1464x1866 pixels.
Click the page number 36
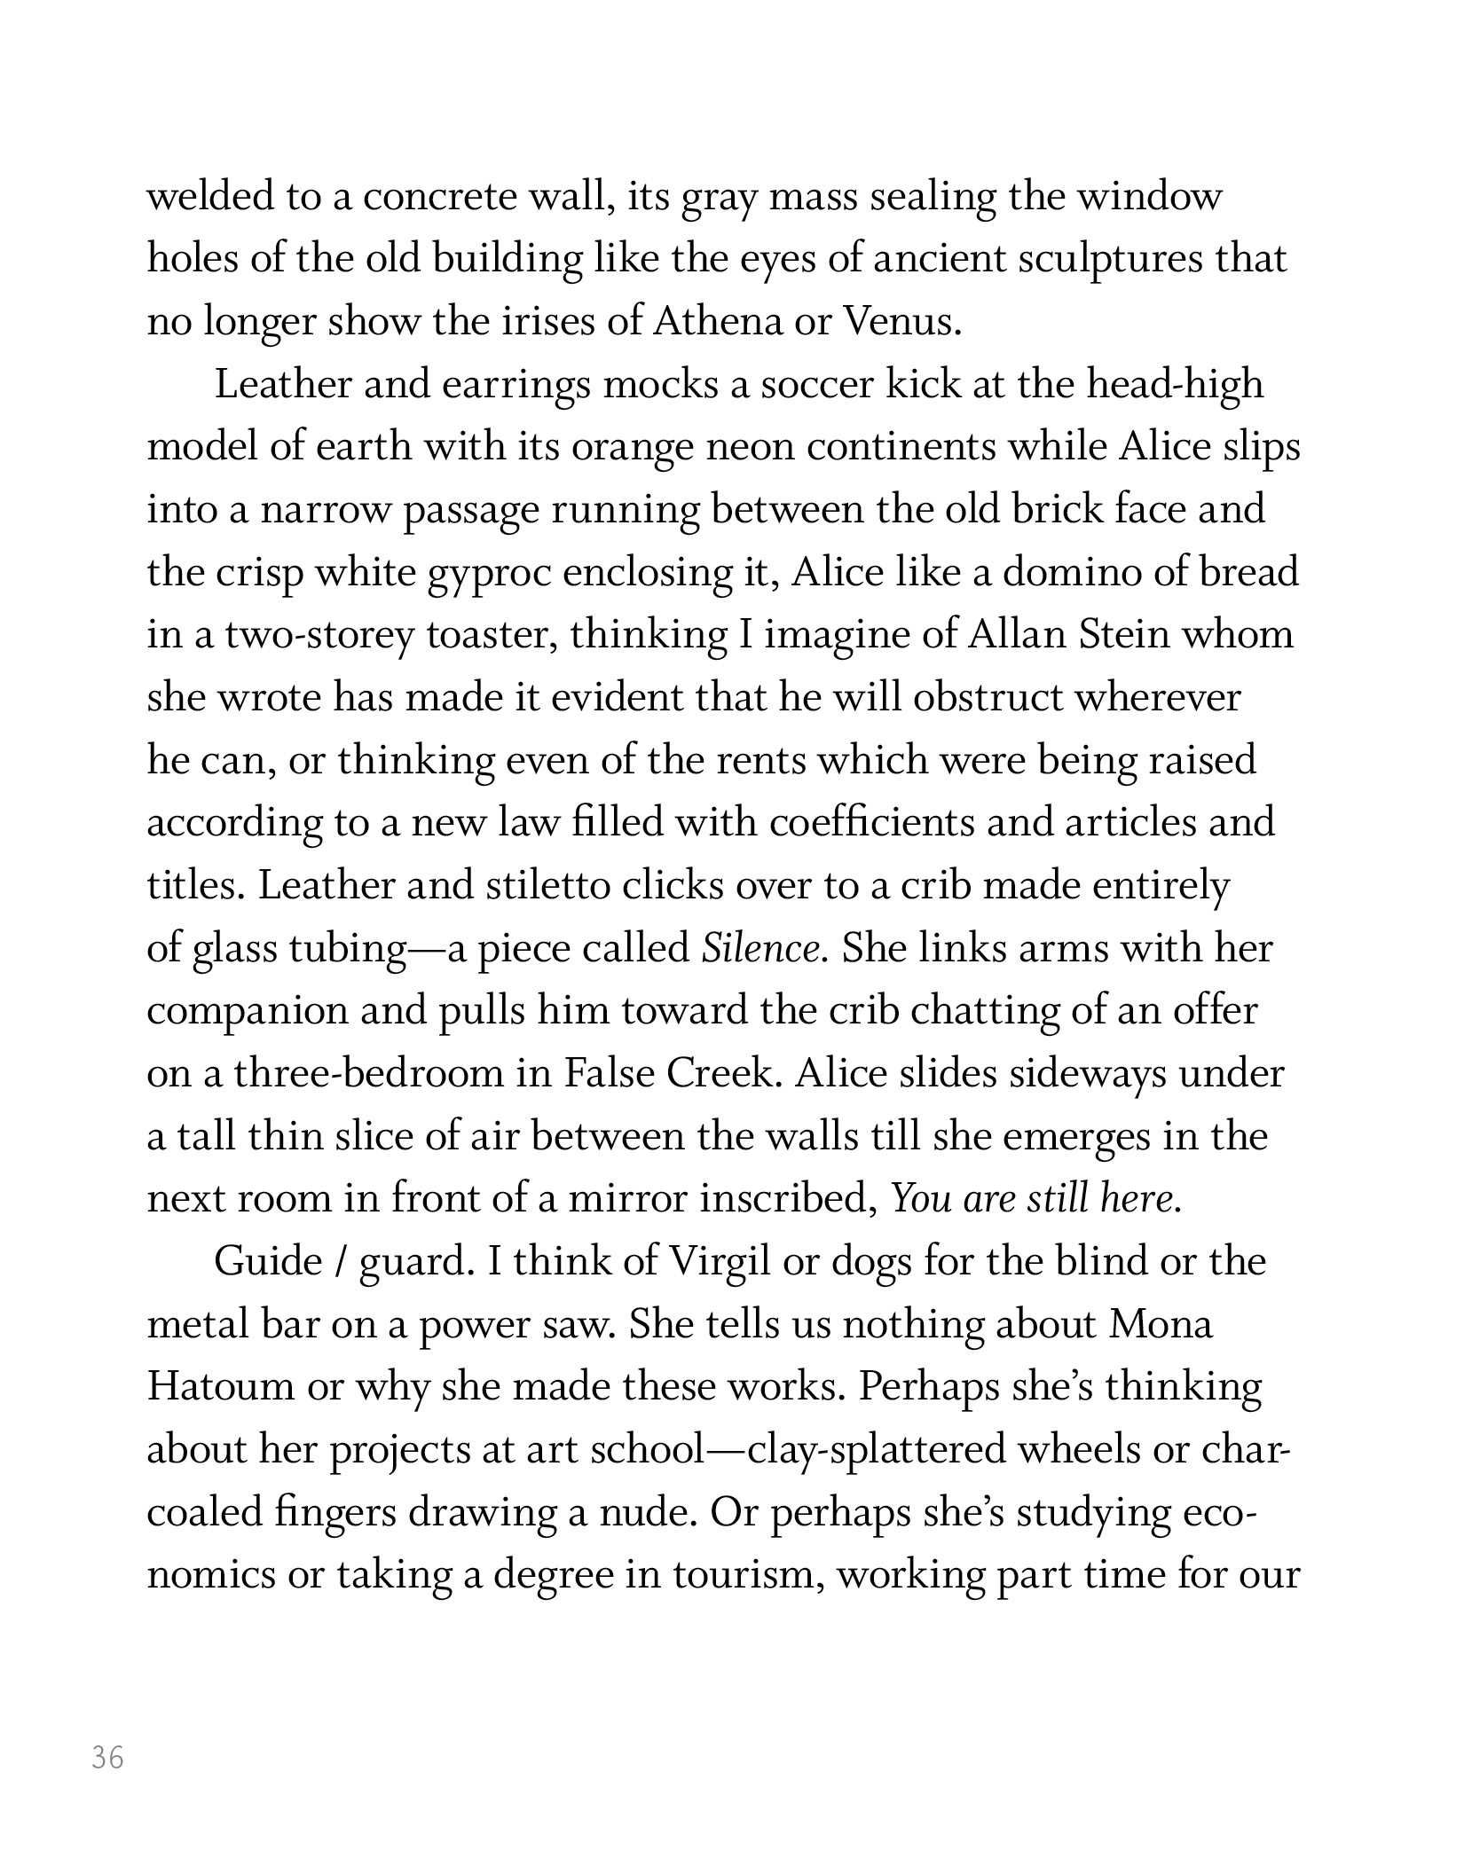click(x=107, y=1757)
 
